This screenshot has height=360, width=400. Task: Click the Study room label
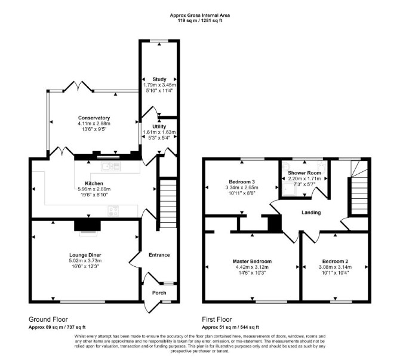pos(159,79)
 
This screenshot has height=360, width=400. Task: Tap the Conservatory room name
pos(94,118)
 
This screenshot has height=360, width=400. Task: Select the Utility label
pos(159,127)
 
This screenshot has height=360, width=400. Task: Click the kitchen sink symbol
pos(111,167)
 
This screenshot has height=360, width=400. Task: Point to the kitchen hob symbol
pos(113,211)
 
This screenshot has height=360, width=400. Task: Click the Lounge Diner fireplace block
pos(88,226)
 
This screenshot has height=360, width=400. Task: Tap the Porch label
pos(159,293)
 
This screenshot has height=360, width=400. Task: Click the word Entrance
pos(159,255)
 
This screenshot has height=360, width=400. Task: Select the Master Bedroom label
pos(252,261)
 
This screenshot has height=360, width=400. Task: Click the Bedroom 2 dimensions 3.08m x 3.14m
pos(335,267)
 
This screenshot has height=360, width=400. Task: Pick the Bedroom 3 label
pos(242,182)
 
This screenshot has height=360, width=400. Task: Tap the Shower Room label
pos(304,173)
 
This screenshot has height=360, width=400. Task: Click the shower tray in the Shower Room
pos(289,189)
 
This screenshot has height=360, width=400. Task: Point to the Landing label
pos(311,213)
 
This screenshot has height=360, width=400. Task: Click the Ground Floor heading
pos(48,319)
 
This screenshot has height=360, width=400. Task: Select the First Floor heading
pos(217,319)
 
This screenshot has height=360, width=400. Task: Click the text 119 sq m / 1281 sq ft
pos(200,21)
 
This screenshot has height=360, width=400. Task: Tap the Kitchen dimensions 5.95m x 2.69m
pos(94,189)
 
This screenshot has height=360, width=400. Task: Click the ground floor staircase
pos(168,204)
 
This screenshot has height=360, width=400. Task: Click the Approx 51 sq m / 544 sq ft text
pos(230,327)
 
